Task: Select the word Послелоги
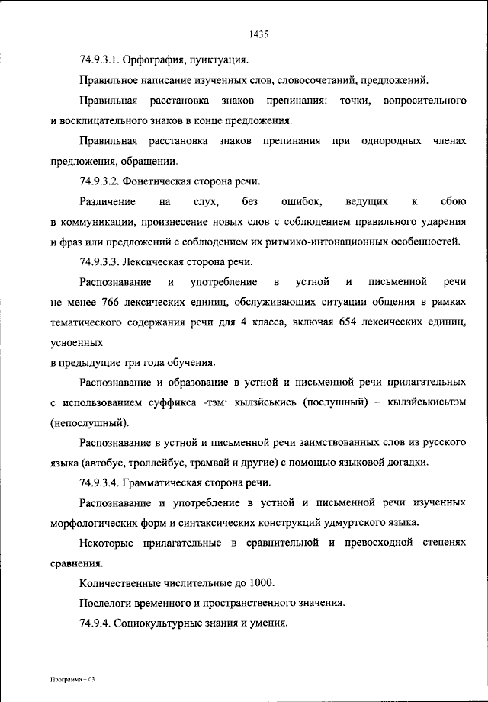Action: pos(108,604)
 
